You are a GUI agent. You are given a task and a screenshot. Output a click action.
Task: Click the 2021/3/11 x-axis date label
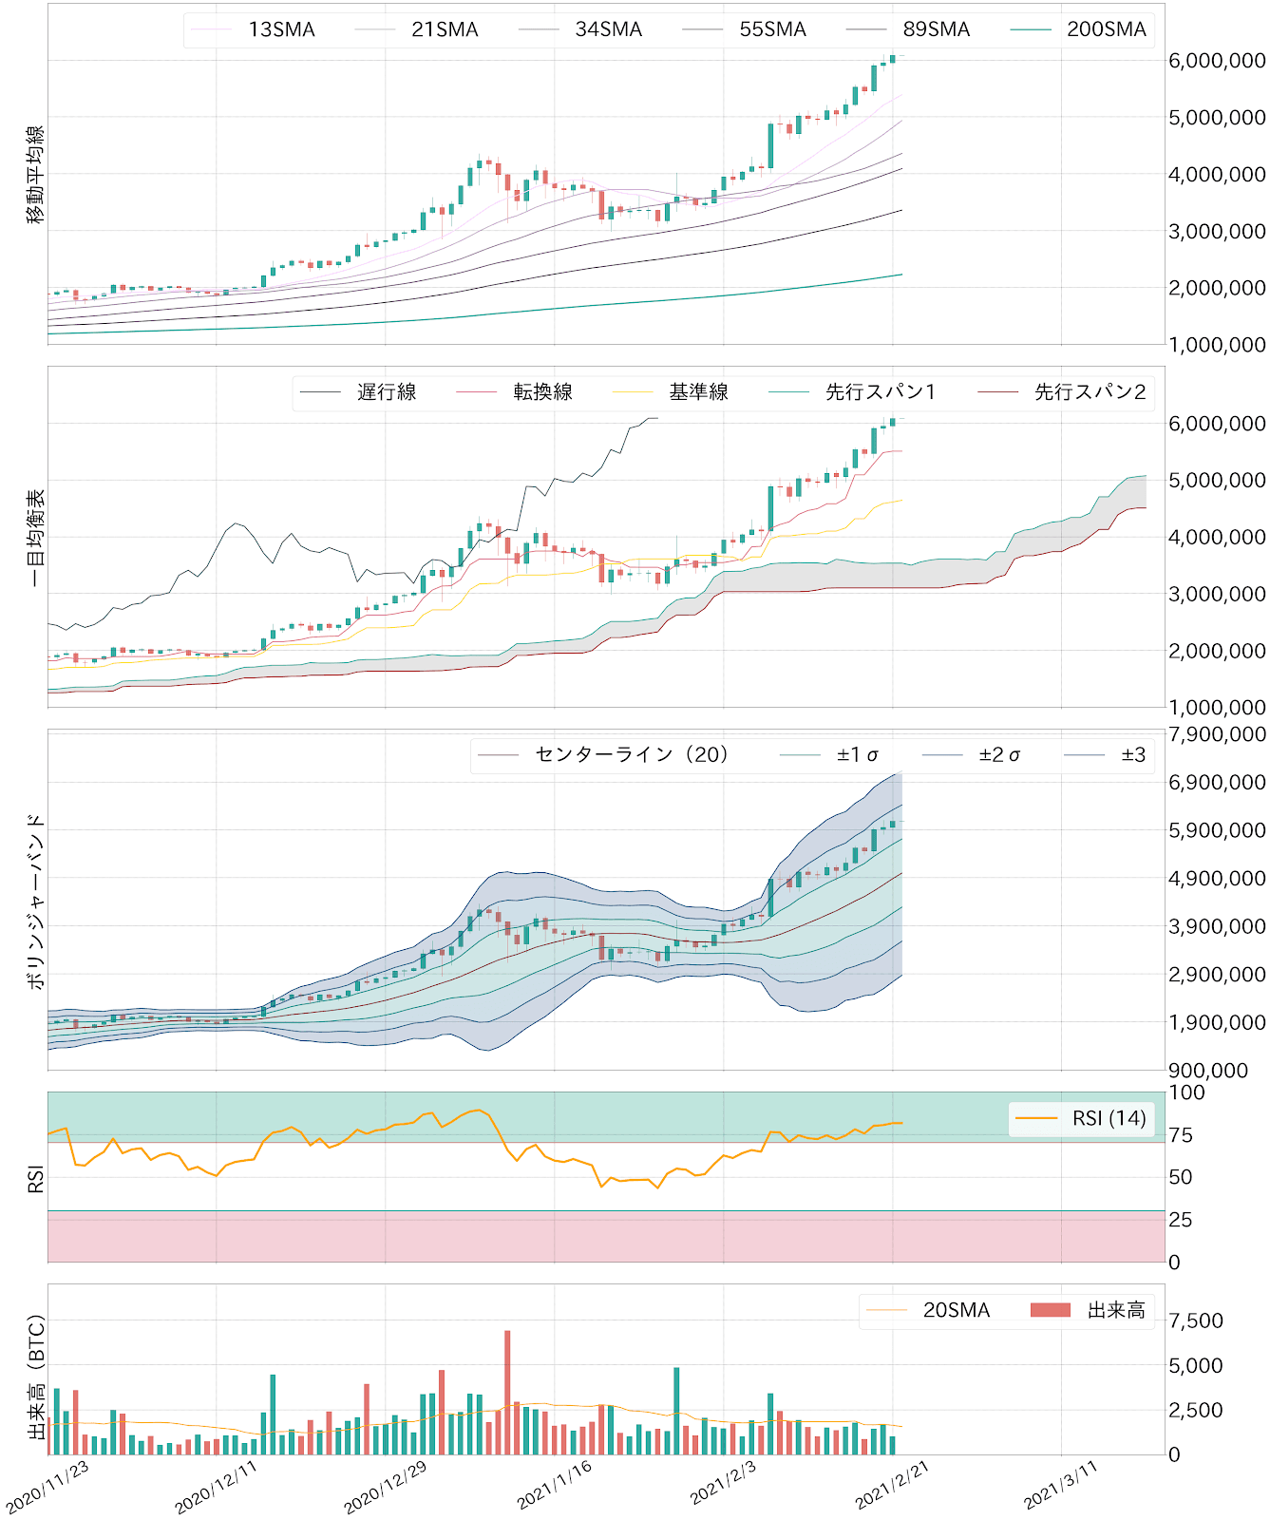point(1061,1486)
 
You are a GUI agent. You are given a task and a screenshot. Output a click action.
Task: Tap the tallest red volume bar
point(507,1393)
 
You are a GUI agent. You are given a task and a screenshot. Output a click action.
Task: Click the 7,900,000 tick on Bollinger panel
point(1217,734)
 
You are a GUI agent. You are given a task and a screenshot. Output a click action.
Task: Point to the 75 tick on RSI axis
point(1181,1135)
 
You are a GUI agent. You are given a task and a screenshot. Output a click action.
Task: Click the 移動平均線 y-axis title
point(36,175)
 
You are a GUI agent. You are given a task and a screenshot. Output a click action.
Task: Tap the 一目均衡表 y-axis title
point(36,538)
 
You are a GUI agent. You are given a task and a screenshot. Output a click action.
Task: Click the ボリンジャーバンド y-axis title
point(36,901)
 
